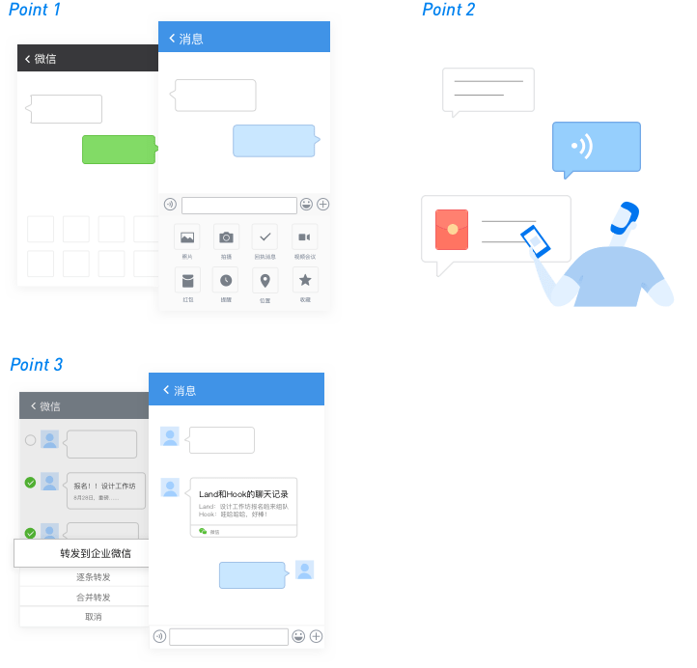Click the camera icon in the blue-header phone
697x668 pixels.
(226, 237)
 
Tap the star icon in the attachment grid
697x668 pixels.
(305, 280)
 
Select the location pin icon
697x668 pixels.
(265, 280)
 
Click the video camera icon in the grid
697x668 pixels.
(305, 237)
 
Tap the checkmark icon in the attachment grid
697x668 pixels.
(265, 237)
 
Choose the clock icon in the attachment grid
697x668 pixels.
(226, 280)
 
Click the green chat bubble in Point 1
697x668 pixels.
(119, 150)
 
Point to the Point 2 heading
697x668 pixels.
(449, 10)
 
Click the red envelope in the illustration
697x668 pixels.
(452, 229)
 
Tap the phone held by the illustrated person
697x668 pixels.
(535, 240)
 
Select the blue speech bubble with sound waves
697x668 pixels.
(596, 148)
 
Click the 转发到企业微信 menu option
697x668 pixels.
(96, 553)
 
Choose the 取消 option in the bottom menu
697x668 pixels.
(93, 617)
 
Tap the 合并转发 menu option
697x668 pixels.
(93, 598)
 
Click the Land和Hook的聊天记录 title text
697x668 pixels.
(243, 494)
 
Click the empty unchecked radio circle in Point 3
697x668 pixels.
(30, 440)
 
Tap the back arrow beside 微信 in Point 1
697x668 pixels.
(28, 59)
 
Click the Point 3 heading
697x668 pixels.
(37, 364)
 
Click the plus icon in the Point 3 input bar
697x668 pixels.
(316, 636)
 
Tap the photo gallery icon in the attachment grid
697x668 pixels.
(187, 237)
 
